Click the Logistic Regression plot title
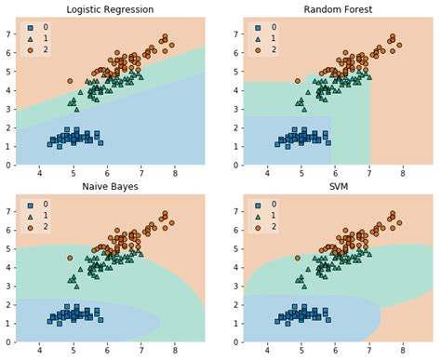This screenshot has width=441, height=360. coord(110,9)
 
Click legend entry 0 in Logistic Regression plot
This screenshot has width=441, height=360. coord(44,29)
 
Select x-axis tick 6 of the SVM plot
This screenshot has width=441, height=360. coord(335,351)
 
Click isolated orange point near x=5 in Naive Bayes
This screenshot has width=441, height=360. coord(70,258)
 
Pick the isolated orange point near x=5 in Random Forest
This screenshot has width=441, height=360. coord(298,80)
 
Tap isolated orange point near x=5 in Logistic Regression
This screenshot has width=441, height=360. coord(70,80)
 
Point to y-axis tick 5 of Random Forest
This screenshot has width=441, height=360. coord(235,71)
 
